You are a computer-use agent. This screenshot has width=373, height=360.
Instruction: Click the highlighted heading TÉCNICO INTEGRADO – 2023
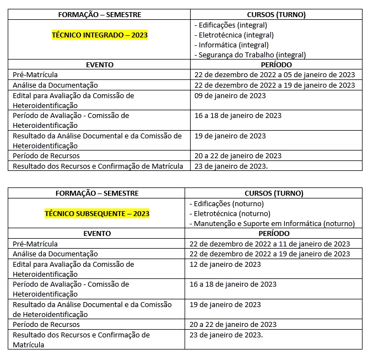[x=100, y=35]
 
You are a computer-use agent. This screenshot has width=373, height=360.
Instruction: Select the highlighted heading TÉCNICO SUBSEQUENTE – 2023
[x=97, y=213]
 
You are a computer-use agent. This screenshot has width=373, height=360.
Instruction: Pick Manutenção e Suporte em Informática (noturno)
[x=274, y=223]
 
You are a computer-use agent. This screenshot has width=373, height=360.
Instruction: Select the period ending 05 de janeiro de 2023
[x=274, y=74]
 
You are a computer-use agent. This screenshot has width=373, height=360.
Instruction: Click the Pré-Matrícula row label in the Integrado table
[x=35, y=74]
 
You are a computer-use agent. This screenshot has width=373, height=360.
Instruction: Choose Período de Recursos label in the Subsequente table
[x=44, y=325]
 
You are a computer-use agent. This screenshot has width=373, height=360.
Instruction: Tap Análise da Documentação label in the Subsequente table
[x=55, y=254]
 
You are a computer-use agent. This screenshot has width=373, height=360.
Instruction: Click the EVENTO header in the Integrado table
[x=100, y=65]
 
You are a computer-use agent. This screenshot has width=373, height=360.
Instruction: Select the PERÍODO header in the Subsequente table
[x=274, y=233]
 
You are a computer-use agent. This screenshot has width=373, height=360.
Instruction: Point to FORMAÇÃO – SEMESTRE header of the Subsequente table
[x=97, y=193]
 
